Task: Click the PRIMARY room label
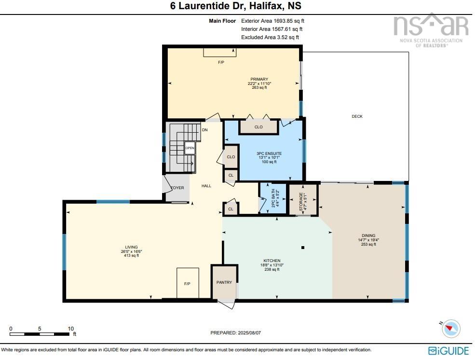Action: pos(259,79)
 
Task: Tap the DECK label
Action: pos(357,116)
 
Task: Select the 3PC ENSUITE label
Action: pos(269,154)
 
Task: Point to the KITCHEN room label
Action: pos(272,261)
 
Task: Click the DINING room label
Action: pos(368,235)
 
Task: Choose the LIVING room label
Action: pos(132,247)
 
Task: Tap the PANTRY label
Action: pos(224,282)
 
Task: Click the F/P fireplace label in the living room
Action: pos(187,284)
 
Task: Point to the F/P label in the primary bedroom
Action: pos(221,62)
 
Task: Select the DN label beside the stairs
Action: pos(205,130)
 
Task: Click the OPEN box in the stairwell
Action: pos(190,148)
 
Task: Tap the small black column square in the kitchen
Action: pos(303,248)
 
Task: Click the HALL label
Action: pos(206,186)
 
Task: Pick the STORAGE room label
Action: pos(301,201)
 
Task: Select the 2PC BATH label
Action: pos(273,198)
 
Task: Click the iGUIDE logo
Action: pos(449,351)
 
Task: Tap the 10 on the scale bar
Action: pos(71,329)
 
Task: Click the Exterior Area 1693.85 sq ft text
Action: pos(272,21)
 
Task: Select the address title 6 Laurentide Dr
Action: pos(207,6)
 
